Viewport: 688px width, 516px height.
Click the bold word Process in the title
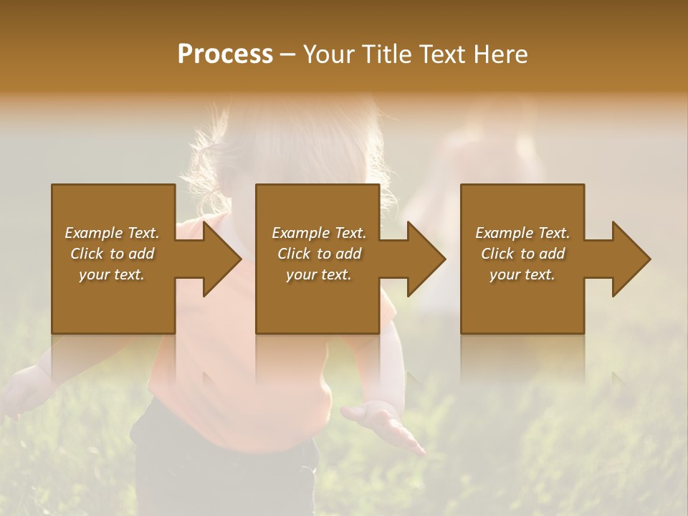[x=225, y=54]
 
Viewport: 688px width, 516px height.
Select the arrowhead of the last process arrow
[x=630, y=259]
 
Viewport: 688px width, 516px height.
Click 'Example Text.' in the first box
[x=112, y=233]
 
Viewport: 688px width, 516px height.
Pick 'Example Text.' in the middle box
[x=318, y=233]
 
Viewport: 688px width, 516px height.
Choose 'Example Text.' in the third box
[x=522, y=233]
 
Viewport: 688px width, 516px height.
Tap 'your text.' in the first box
[x=112, y=274]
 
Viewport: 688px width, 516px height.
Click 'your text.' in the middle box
[x=318, y=274]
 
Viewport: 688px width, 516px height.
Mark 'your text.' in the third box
[x=522, y=274]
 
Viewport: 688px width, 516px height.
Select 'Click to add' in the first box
[x=112, y=254]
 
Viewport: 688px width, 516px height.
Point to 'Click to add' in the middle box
[x=318, y=254]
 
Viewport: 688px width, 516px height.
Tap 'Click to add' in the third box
[x=522, y=254]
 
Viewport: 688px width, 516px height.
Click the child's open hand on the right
[x=383, y=424]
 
